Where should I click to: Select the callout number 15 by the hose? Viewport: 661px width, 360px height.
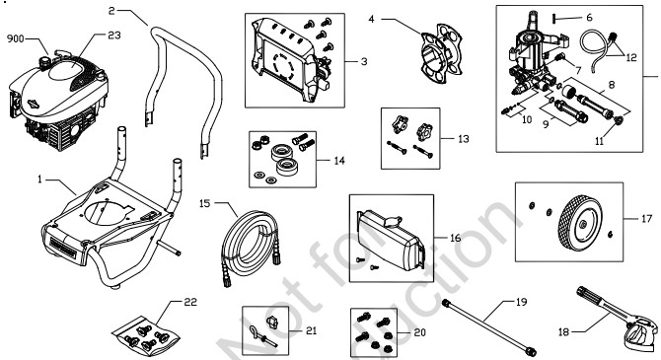tap(205, 203)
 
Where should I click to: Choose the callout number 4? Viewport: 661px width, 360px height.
tap(371, 18)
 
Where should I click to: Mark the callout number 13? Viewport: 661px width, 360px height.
tap(463, 139)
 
